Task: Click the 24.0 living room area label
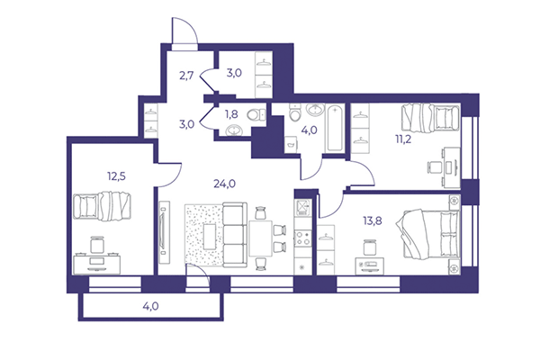coord(224,184)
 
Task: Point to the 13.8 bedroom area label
coord(358,220)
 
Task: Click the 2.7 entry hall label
coord(186,75)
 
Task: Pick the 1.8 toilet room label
coord(231,114)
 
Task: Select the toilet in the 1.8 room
coord(256,113)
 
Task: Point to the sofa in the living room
coord(236,236)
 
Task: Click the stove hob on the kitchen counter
coord(301,239)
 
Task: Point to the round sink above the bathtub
coord(313,110)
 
